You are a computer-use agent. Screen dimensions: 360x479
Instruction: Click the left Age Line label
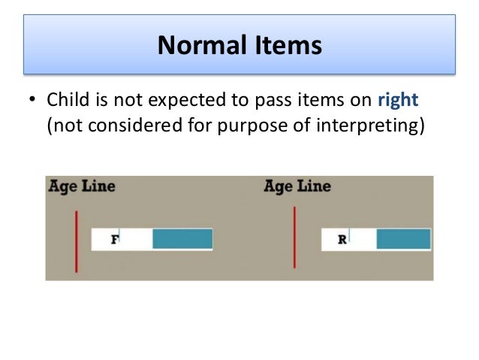[x=82, y=186]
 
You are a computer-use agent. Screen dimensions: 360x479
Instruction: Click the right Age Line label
[x=297, y=186]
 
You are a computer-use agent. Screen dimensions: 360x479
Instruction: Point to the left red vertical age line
[x=76, y=241]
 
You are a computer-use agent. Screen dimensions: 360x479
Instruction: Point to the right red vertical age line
[x=294, y=237]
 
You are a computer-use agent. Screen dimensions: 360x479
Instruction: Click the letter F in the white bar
[x=115, y=240]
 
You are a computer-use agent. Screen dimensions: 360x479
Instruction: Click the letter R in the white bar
[x=342, y=240]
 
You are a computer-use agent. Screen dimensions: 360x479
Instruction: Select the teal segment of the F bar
[x=182, y=239]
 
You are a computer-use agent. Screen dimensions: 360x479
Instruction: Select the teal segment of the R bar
[x=403, y=239]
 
